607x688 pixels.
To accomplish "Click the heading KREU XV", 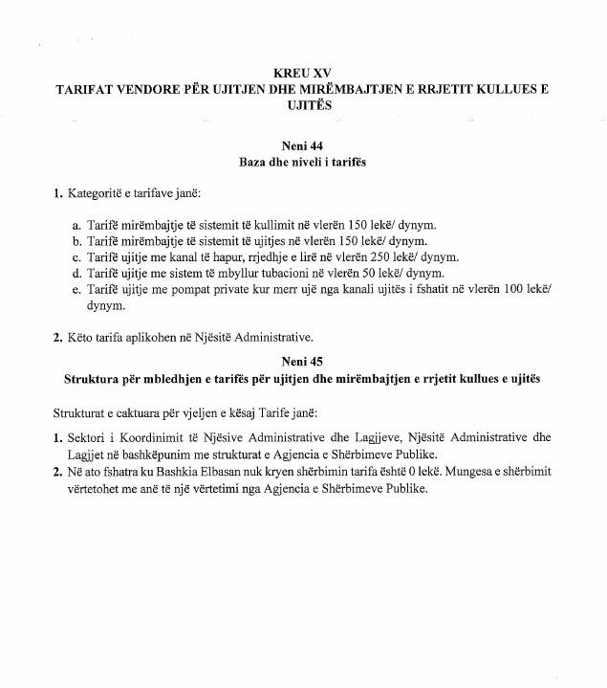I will [x=301, y=72].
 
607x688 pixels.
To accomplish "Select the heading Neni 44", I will [x=302, y=146].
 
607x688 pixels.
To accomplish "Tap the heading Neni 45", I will [x=302, y=361].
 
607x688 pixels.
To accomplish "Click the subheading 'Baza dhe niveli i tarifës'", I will [x=302, y=162].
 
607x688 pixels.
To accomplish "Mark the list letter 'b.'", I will [x=77, y=241].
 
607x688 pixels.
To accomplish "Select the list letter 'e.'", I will [x=77, y=292].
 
